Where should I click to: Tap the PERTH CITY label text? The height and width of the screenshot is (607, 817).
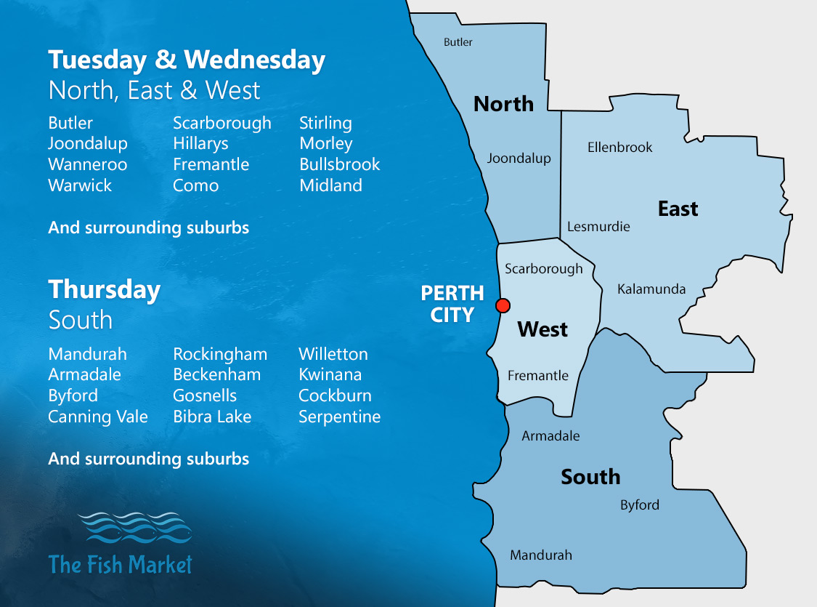coord(452,304)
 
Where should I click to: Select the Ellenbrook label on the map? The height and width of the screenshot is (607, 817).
coord(619,148)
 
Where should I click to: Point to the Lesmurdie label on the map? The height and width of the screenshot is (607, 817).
coord(598,226)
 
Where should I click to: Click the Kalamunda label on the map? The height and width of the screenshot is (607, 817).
coord(651,289)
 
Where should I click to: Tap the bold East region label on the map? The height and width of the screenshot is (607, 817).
coord(678,209)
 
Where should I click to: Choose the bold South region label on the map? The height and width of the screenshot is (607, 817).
coord(590,477)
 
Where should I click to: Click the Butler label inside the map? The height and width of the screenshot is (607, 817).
coord(458,42)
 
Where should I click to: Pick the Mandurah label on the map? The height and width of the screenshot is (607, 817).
coord(540,555)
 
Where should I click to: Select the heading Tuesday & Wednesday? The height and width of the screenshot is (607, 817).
coord(187,60)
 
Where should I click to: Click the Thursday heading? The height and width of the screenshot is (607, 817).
coord(105,289)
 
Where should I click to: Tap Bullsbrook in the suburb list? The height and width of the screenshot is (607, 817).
coord(339,164)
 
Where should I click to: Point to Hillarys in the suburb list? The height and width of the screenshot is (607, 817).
coord(200,144)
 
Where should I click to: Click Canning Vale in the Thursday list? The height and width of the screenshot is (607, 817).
coord(98,417)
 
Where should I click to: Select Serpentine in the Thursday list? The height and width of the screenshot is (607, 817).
coord(339,417)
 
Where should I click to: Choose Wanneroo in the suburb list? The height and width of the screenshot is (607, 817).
coord(87,164)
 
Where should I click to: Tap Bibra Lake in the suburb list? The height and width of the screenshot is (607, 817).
coord(212,417)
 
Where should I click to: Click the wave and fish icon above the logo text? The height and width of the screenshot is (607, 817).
coord(134,528)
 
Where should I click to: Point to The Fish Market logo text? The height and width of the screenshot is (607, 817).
coord(121,564)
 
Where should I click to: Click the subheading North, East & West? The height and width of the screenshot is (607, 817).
coord(154,91)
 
